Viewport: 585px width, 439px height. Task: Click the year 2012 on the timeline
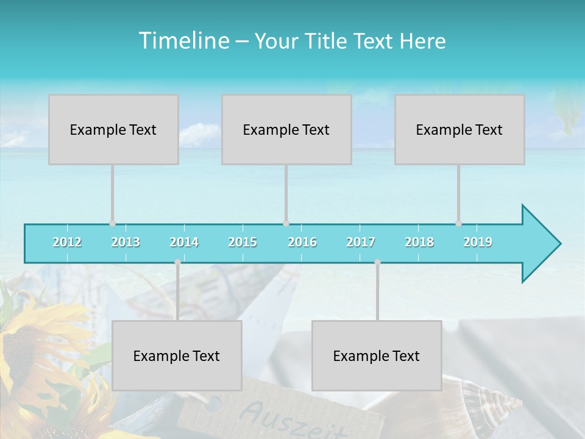click(67, 242)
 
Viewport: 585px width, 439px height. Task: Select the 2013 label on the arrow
click(126, 242)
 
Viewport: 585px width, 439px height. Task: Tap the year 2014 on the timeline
click(184, 242)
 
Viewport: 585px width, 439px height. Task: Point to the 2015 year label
click(243, 242)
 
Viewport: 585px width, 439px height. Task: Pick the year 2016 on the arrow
click(302, 242)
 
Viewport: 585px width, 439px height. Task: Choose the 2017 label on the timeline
click(361, 242)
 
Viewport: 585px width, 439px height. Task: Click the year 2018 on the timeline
click(419, 242)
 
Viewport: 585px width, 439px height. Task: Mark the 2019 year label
click(478, 242)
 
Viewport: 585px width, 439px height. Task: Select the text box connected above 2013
click(113, 129)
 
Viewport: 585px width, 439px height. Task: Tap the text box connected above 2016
click(286, 129)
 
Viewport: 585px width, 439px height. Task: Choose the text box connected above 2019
click(459, 129)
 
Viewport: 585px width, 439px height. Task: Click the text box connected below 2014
click(177, 355)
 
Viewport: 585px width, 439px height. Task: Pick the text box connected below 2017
click(377, 355)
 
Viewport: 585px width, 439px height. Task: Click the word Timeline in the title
click(183, 41)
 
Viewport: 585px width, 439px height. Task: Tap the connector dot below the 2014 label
click(177, 262)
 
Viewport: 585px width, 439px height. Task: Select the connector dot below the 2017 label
click(377, 262)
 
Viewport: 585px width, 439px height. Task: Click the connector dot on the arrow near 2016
click(286, 223)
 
